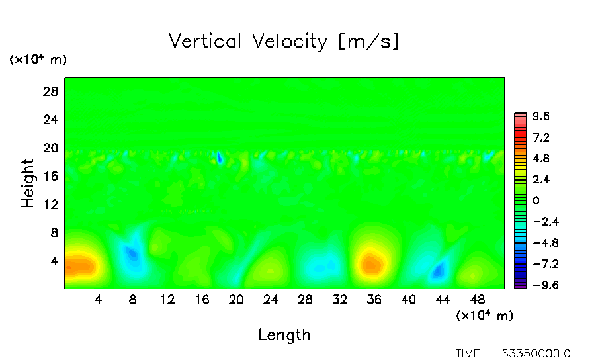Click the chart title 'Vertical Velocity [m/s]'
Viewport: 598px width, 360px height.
coord(284,42)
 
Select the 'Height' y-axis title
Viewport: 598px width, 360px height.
coord(28,183)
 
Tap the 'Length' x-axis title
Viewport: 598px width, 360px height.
coord(284,334)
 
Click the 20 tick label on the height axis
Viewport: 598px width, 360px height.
coord(51,148)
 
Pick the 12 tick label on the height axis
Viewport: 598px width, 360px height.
coord(51,204)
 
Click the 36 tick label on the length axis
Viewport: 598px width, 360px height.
coord(374,299)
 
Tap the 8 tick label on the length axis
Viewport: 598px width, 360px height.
coord(133,299)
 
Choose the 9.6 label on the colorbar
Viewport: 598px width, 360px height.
coord(541,117)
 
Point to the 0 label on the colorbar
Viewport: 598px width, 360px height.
coord(536,201)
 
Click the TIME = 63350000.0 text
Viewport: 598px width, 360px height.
coord(513,353)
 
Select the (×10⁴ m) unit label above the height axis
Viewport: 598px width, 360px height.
coord(38,60)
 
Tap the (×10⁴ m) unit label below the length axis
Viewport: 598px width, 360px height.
coord(484,316)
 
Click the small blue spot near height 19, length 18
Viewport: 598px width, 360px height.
coord(219,157)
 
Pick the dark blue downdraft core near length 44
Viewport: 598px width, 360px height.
coord(438,270)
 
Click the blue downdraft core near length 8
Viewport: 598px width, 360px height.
coord(133,253)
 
